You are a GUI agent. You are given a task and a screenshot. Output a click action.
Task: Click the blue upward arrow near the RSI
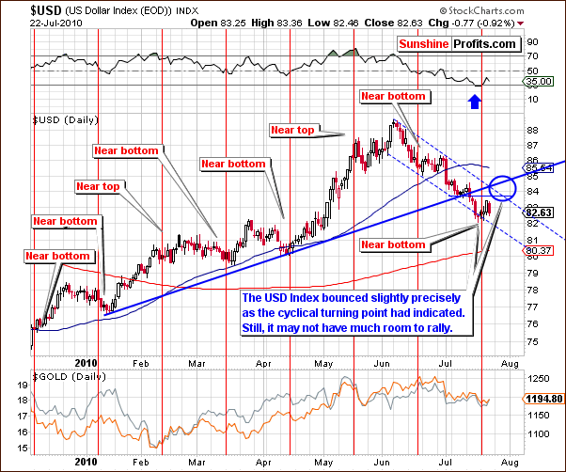(475, 93)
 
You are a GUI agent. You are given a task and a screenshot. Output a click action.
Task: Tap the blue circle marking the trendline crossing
(503, 188)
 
